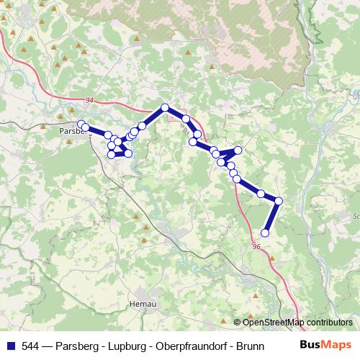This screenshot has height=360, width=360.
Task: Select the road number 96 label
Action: tap(257, 246)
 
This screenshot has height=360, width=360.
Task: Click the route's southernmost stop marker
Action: tap(265, 233)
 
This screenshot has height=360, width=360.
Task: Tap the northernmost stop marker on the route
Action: tap(165, 107)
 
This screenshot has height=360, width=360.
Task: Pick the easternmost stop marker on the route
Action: tap(279, 201)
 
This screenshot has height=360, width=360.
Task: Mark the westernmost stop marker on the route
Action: tap(82, 124)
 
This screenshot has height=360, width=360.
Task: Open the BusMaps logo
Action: tap(325, 344)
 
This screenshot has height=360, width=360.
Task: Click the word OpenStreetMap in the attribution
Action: tap(274, 323)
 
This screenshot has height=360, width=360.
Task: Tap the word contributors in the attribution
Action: tap(329, 323)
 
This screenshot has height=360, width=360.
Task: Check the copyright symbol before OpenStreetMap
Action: tap(238, 323)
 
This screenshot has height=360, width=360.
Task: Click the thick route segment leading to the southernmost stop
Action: tap(272, 217)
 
